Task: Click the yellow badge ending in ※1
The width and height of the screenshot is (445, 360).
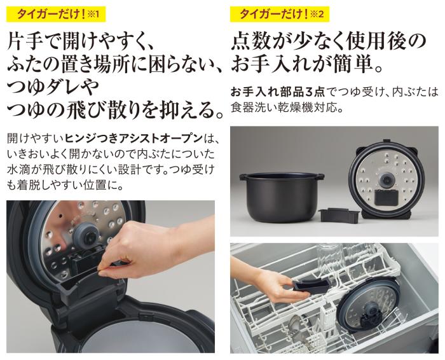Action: [56, 14]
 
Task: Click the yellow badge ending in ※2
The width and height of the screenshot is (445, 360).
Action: [280, 14]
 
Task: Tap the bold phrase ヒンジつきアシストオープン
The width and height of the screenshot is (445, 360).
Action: [134, 139]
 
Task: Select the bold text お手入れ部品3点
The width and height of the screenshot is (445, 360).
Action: [278, 92]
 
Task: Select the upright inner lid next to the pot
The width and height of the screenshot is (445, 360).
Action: [386, 179]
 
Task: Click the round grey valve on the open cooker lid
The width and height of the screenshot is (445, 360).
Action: [86, 234]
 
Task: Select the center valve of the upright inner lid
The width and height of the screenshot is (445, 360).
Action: [386, 179]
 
